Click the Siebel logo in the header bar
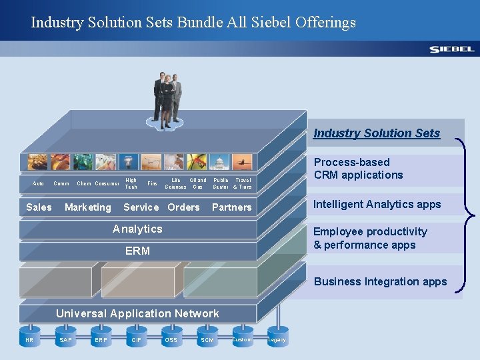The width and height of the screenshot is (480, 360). (x=451, y=49)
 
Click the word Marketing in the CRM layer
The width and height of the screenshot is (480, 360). (x=88, y=207)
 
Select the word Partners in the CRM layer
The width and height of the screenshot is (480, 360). (x=231, y=207)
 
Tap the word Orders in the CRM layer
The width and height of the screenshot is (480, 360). (x=183, y=207)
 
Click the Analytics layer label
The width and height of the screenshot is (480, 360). (x=137, y=229)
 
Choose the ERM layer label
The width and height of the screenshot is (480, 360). (x=137, y=251)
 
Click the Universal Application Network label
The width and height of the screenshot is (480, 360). (x=137, y=313)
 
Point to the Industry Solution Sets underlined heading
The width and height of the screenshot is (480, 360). (x=377, y=133)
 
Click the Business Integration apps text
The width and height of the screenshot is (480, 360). (x=380, y=281)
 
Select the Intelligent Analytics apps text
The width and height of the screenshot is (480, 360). (x=377, y=204)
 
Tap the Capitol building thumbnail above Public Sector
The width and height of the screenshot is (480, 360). (x=220, y=162)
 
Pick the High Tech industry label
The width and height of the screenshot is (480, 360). (x=131, y=183)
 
